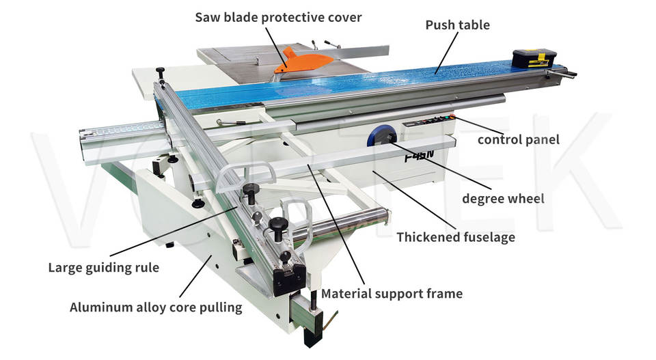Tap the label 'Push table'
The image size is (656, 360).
point(457,25)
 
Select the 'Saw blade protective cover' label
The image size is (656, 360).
point(278,16)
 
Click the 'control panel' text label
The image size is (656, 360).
point(518,140)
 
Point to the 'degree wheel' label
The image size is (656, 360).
point(503,199)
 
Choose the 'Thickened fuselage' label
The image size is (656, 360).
point(456,238)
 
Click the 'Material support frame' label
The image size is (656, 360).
point(392,294)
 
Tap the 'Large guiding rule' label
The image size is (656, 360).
point(103,267)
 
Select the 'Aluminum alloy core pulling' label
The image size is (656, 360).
point(156,307)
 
